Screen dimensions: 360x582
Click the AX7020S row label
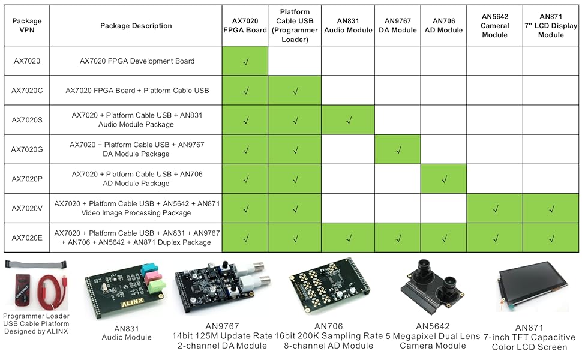(26, 120)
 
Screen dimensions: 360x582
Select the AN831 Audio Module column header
(348, 25)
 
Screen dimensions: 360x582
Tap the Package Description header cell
(136, 26)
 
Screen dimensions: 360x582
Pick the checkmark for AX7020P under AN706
(444, 179)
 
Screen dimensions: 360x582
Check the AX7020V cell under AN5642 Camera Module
(495, 208)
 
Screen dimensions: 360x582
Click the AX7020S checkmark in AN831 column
(349, 120)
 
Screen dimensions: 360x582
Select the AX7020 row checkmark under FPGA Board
(245, 61)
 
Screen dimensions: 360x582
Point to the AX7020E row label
(26, 238)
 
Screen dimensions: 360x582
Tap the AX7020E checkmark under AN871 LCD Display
(551, 238)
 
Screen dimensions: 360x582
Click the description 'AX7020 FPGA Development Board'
(137, 61)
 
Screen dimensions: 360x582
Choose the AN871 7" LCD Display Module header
(551, 25)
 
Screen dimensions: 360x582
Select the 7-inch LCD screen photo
(533, 289)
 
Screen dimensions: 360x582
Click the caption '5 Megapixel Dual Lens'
(433, 336)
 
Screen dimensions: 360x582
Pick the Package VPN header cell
(26, 26)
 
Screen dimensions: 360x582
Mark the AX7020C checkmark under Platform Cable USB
(296, 91)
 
